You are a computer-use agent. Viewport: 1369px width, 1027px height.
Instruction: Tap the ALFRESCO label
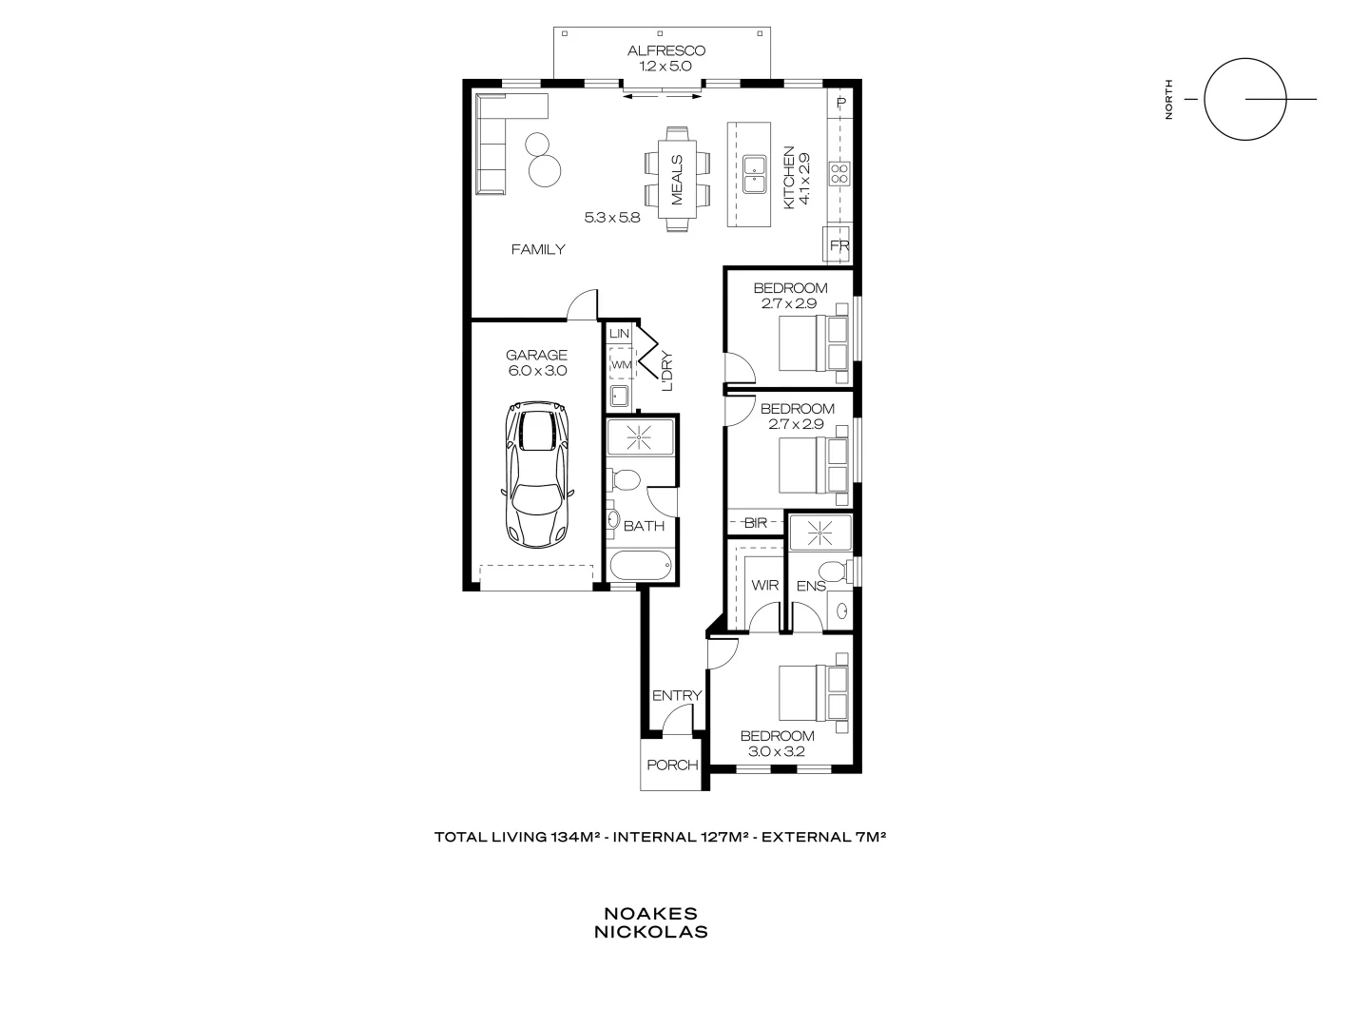coord(666,50)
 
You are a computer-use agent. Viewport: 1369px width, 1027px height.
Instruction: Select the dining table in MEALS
coord(677,179)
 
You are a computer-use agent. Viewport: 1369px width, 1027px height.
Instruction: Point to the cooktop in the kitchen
coord(840,173)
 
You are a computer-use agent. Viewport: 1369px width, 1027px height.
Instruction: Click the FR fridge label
coord(839,246)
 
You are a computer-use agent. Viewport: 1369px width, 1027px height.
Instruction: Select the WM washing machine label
coord(621,364)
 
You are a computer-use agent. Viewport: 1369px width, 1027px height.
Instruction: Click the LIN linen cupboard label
coord(619,334)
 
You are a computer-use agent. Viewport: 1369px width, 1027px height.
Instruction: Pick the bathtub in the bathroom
coord(641,566)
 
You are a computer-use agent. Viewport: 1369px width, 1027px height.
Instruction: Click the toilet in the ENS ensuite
coord(834,572)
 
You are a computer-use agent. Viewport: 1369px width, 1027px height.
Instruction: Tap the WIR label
coord(765,586)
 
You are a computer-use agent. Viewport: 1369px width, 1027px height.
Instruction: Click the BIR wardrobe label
coord(756,523)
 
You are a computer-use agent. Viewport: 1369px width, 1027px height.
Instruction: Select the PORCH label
coord(672,765)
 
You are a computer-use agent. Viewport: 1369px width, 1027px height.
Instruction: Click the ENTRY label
coord(676,696)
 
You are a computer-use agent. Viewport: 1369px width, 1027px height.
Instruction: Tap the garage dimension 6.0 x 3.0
coord(537,371)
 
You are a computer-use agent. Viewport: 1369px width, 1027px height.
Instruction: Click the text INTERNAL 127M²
coord(683,838)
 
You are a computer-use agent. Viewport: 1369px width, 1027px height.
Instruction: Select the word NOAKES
coord(650,914)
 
